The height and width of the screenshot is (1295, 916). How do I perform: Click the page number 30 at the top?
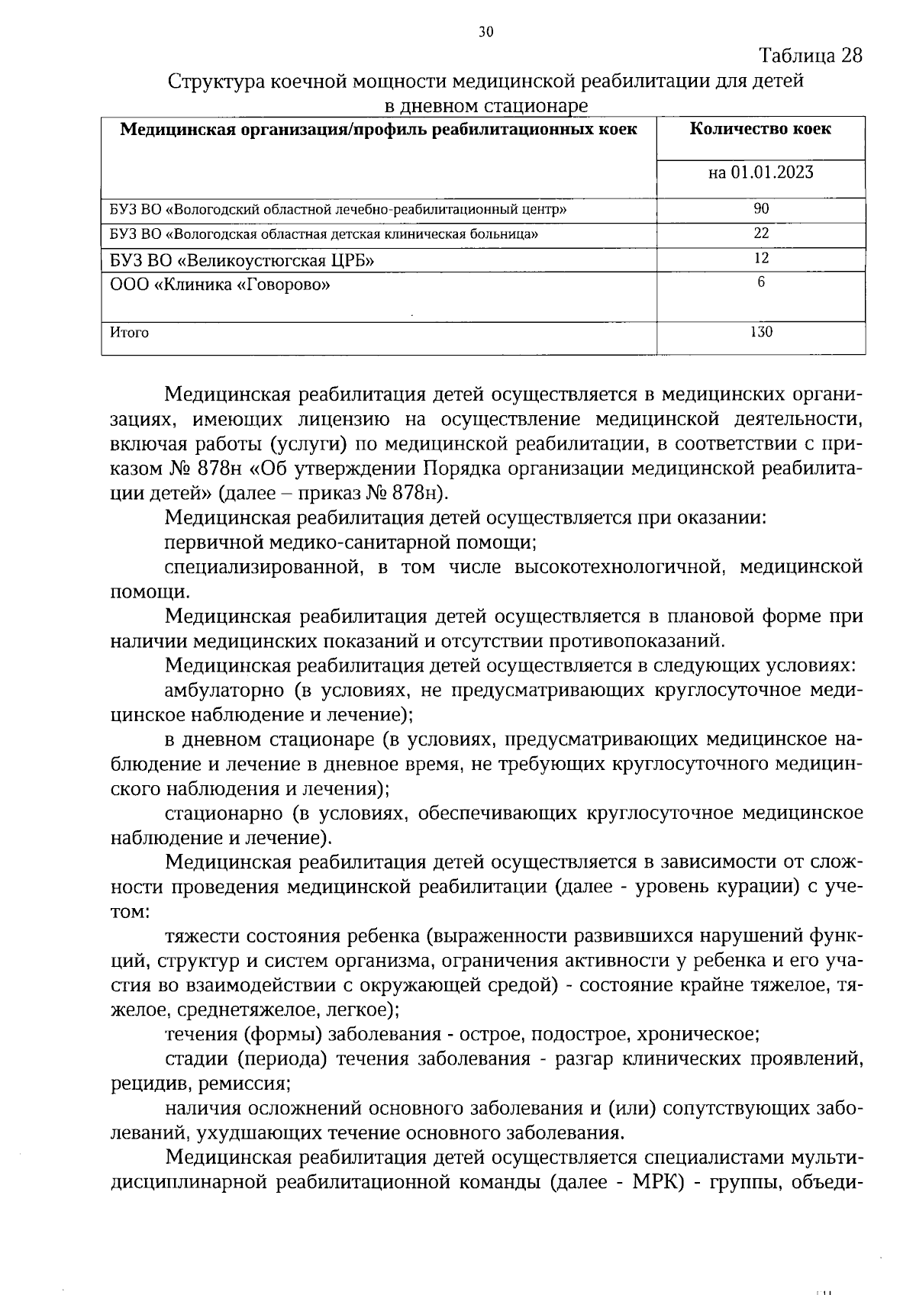pyautogui.click(x=486, y=31)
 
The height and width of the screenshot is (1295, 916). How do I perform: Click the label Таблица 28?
pyautogui.click(x=811, y=56)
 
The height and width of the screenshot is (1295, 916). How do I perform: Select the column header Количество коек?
pyautogui.click(x=760, y=129)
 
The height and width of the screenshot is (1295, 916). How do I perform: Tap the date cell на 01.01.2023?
pyautogui.click(x=760, y=172)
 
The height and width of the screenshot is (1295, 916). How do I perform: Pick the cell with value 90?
pyautogui.click(x=761, y=209)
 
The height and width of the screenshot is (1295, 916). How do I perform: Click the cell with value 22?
pyautogui.click(x=761, y=234)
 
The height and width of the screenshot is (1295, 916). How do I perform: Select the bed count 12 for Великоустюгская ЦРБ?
pyautogui.click(x=761, y=259)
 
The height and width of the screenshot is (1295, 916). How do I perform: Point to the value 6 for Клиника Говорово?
pyautogui.click(x=761, y=282)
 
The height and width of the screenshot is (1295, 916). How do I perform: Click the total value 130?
pyautogui.click(x=761, y=332)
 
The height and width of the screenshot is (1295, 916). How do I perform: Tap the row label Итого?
pyautogui.click(x=129, y=333)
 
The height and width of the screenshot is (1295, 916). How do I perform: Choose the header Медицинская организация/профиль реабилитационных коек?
pyautogui.click(x=379, y=129)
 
